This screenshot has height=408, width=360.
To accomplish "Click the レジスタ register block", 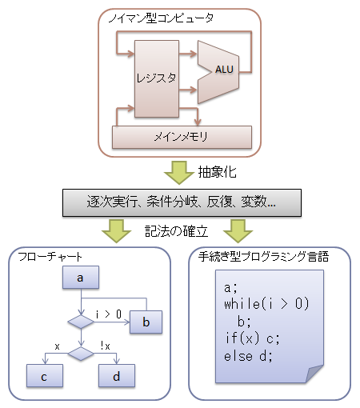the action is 157,78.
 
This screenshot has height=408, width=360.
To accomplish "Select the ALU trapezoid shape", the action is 218,72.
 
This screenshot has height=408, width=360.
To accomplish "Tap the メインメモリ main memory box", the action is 182,137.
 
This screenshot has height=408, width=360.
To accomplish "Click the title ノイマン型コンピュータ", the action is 161,18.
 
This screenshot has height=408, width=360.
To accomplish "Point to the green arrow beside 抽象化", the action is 179,173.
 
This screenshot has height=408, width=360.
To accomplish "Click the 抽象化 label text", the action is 217,172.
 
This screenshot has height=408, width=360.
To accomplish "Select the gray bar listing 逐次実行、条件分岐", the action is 182,202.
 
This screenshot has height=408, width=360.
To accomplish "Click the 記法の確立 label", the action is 176,231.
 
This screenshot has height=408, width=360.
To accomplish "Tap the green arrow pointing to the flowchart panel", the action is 117,231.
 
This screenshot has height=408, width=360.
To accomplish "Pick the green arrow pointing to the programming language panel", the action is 238,231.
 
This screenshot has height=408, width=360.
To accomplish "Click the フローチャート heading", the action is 50,257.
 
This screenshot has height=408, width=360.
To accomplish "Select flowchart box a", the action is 81,278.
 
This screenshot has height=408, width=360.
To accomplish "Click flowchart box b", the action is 146,322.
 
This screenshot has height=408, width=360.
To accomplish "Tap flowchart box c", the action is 45,376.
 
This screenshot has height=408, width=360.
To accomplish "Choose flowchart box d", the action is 117,376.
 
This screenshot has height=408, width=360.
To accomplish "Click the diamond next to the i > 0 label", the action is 81,322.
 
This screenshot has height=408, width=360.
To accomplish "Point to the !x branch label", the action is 106,346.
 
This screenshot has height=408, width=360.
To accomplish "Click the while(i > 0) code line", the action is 266,304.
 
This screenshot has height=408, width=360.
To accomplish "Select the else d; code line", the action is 248,356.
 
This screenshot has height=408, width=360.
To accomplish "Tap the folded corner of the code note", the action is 314,374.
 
